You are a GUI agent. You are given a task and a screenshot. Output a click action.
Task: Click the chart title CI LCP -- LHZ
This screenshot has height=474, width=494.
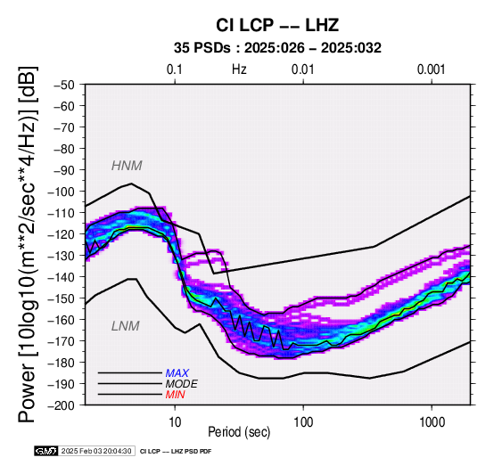[x=277, y=25]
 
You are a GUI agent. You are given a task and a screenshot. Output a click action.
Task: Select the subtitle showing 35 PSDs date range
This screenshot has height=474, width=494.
[x=277, y=48]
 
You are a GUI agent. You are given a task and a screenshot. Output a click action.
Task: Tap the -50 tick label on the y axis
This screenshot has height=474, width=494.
[x=63, y=85]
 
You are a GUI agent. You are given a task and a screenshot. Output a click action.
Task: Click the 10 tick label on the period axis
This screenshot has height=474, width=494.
[x=175, y=422]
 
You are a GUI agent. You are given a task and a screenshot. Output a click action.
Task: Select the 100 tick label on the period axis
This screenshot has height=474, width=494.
[x=303, y=422]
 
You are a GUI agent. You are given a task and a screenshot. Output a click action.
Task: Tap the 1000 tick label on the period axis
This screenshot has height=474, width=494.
[x=432, y=422]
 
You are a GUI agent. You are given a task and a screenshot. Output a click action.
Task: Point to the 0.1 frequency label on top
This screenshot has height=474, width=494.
[x=175, y=69]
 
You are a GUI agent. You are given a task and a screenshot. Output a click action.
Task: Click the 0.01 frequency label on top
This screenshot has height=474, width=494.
[x=303, y=69]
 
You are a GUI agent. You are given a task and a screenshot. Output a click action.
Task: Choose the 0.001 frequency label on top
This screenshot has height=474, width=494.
[x=431, y=69]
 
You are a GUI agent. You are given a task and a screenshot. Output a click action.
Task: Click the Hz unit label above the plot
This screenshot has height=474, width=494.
[x=239, y=69]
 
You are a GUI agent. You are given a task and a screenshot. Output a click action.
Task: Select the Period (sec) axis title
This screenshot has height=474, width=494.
[x=239, y=432]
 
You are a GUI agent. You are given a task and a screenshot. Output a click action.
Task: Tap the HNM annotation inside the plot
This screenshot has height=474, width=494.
[x=127, y=166]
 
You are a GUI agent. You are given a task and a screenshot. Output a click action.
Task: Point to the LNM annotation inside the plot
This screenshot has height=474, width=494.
[x=126, y=326]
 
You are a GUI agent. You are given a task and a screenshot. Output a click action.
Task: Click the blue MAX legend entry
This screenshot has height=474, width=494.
[x=177, y=373]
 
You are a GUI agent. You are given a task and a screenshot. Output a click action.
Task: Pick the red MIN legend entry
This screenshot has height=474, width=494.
[x=175, y=395]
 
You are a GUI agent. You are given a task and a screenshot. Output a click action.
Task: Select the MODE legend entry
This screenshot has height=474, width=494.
[x=182, y=384]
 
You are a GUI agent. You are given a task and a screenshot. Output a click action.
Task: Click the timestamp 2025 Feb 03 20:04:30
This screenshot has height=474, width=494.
[x=96, y=451]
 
